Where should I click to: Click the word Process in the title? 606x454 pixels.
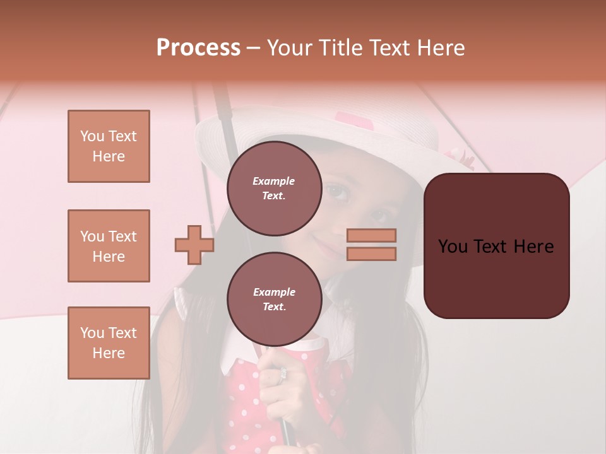pos(198,48)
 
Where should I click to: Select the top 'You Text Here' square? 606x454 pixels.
pos(109,146)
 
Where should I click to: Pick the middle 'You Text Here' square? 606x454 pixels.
pos(109,246)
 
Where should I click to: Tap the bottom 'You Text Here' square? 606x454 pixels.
pos(109,343)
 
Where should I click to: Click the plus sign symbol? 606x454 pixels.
pos(194,245)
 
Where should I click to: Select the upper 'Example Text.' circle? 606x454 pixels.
pos(274,189)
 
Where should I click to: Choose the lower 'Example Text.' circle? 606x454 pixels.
pos(274,300)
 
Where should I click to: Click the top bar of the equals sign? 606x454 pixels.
pos(371,235)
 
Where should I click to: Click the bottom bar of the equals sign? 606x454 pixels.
pos(371,253)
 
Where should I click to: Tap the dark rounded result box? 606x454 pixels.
pos(496,246)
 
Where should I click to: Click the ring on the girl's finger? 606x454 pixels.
pos(283,374)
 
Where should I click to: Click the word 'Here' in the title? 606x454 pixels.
pos(443,48)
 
